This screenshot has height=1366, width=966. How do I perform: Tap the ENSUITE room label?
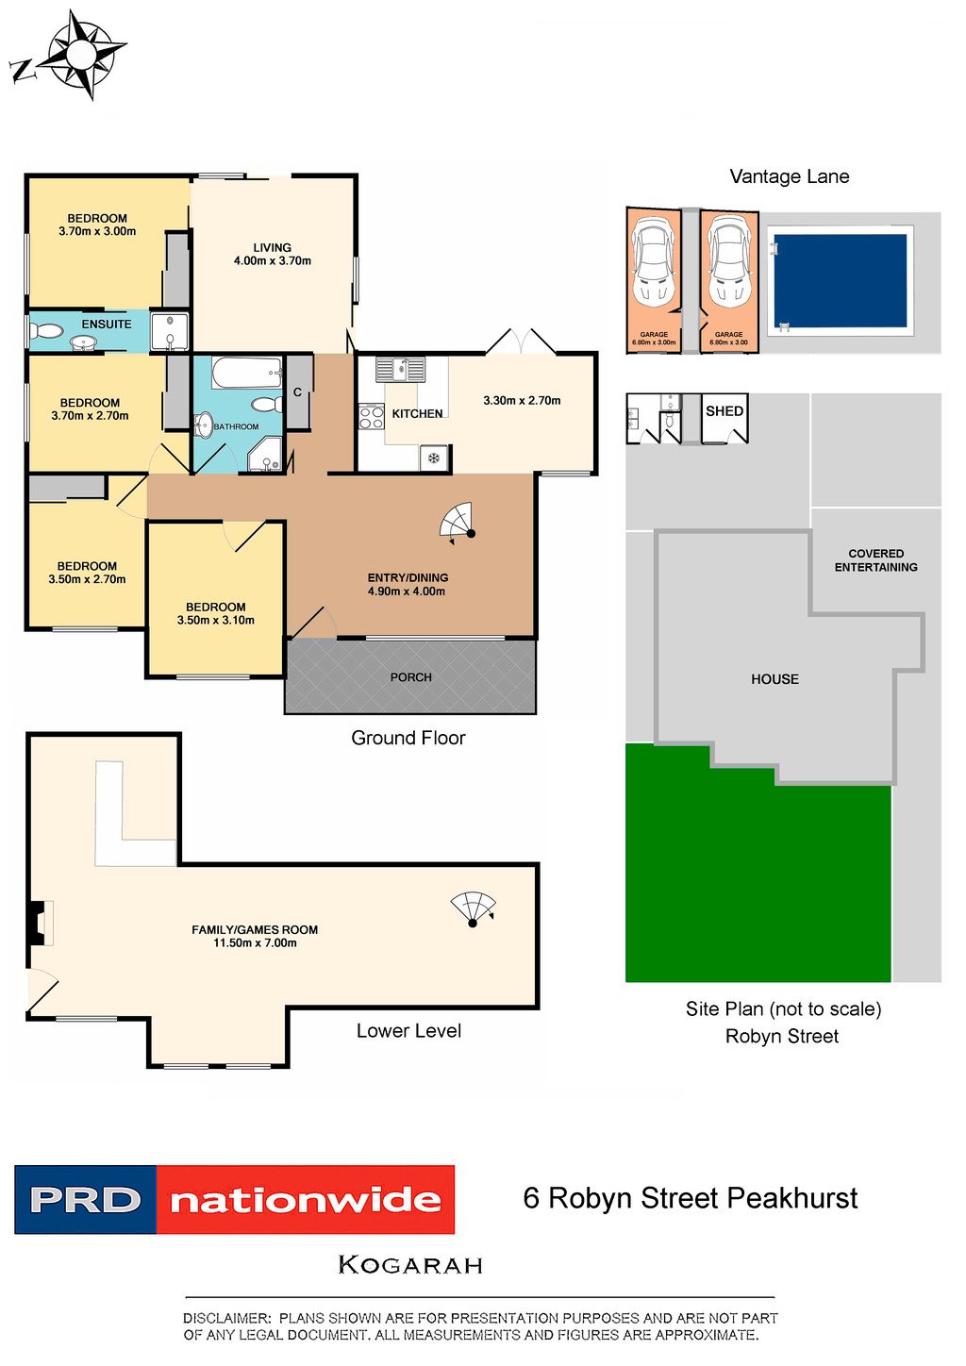107,324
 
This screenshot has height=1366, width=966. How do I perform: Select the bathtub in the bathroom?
247,373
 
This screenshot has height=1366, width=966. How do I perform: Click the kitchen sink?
401,370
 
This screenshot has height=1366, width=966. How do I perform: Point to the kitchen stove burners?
371,418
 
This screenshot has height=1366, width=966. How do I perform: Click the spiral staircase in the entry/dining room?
458,523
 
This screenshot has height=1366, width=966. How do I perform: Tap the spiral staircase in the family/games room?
473,909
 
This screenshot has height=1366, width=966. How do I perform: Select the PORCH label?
411,677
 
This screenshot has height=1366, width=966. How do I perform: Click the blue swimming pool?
840,281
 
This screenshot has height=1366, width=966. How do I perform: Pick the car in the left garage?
653,262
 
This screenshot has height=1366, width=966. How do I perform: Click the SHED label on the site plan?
724,411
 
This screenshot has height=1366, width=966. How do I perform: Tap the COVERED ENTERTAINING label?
875,559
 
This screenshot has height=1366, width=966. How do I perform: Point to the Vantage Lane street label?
790,176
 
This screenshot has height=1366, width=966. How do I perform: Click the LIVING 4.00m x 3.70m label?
272,255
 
